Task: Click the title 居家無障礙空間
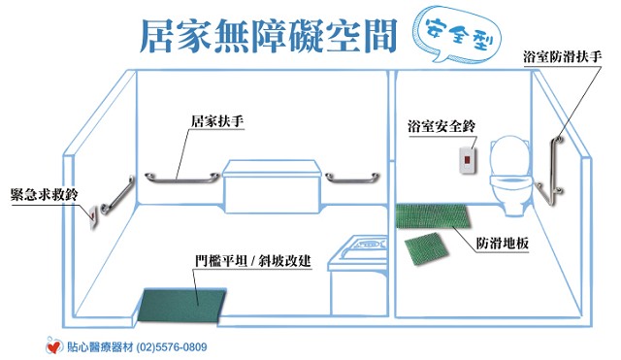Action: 269,36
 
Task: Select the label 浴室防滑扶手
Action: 563,56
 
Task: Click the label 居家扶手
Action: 217,120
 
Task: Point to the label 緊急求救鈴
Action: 45,194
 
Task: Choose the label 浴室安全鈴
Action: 441,126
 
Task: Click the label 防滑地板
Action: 503,243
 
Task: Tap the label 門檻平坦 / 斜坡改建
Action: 253,261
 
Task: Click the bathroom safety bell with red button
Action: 468,160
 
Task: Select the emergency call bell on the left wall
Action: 93,217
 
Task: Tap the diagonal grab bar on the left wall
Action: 117,195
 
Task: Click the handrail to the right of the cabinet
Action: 352,179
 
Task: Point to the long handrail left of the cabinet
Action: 181,179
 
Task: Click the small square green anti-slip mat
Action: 426,249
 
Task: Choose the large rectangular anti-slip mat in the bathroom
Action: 434,216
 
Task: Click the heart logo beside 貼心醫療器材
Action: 54,346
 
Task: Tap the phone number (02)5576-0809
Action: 172,347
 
